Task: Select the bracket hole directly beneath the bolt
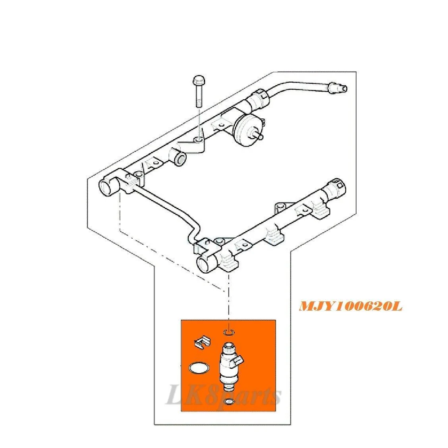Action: tap(198, 140)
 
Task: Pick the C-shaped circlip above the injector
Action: tap(229, 332)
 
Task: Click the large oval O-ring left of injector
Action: tap(199, 368)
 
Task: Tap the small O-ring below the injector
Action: tap(229, 402)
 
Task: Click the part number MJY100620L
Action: tap(351, 307)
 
